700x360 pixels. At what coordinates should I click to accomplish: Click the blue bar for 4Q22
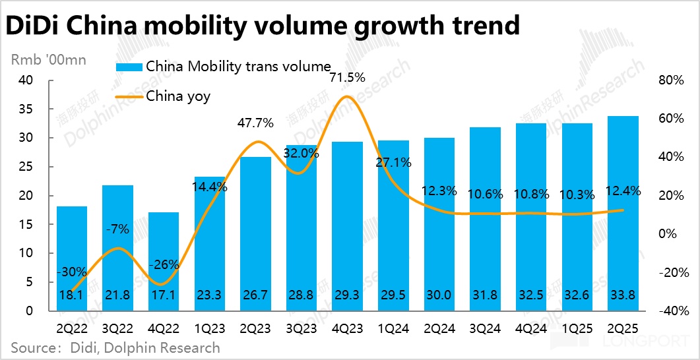pyautogui.click(x=164, y=261)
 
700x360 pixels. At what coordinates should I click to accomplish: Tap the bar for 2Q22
pyautogui.click(x=72, y=258)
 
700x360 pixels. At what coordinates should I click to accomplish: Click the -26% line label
pyautogui.click(x=164, y=265)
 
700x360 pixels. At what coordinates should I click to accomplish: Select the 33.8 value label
pyautogui.click(x=623, y=297)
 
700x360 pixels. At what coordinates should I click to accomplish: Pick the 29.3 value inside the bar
pyautogui.click(x=348, y=297)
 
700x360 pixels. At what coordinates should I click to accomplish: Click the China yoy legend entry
pyautogui.click(x=177, y=96)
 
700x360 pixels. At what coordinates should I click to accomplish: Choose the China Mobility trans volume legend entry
pyautogui.click(x=238, y=67)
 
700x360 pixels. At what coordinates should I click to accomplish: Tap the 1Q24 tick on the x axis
pyautogui.click(x=394, y=327)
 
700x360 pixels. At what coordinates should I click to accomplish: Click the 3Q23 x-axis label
pyautogui.click(x=302, y=327)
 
